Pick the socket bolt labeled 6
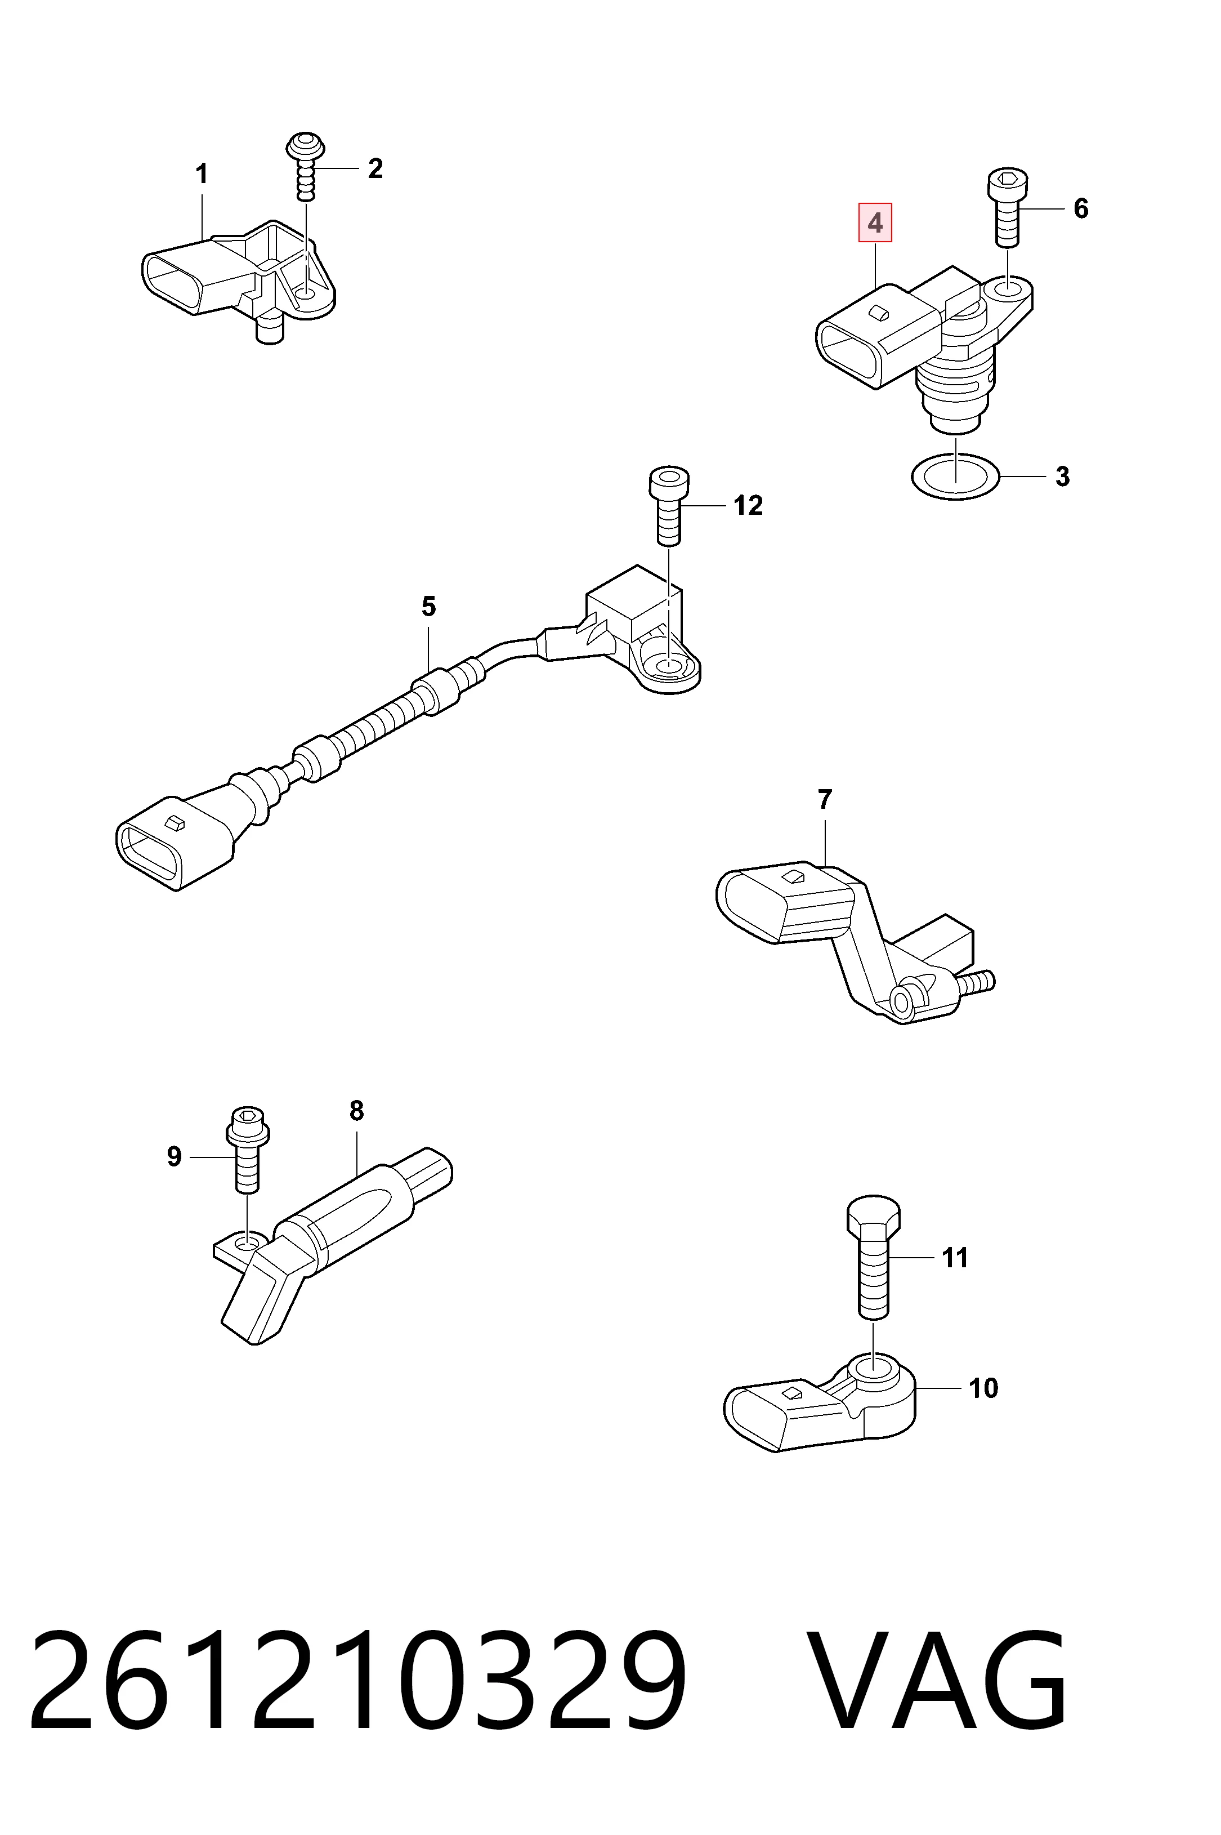(1008, 208)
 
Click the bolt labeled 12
(669, 506)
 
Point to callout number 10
(983, 1387)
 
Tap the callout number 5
(428, 606)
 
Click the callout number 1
(202, 173)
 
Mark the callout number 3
(1062, 476)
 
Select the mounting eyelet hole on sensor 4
(1010, 291)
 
